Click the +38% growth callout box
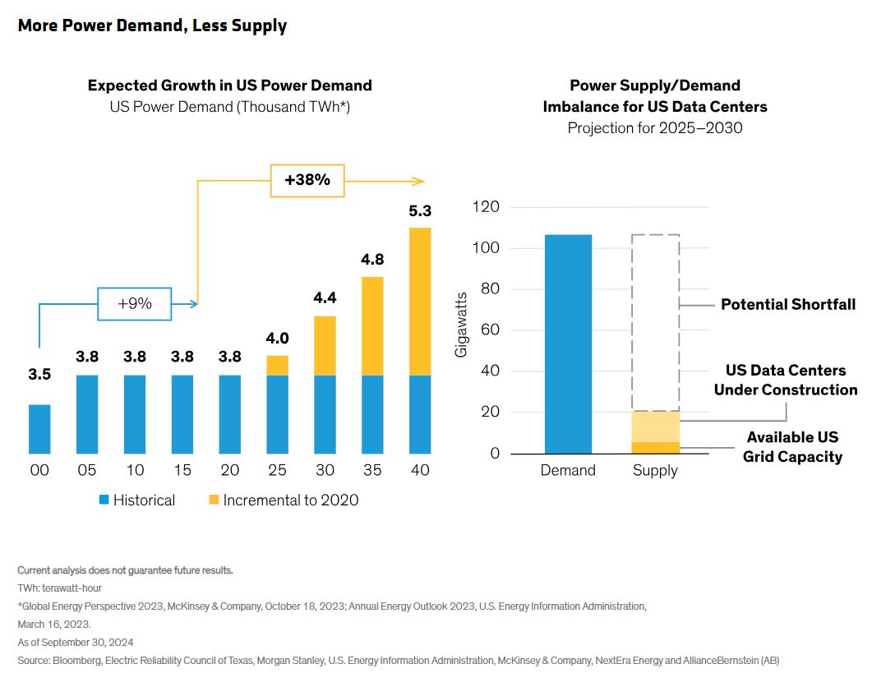tap(307, 180)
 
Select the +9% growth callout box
tap(134, 303)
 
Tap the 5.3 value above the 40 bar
tap(419, 211)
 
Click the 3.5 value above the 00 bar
tap(39, 375)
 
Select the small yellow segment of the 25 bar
tap(278, 365)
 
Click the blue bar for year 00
tap(39, 428)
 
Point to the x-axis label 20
tap(230, 470)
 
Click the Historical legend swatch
tap(104, 500)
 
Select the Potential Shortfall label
tap(787, 305)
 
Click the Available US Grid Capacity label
tap(793, 447)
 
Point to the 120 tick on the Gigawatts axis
tap(486, 207)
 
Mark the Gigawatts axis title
tap(462, 324)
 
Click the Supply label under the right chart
tap(655, 471)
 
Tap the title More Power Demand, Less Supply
tap(152, 25)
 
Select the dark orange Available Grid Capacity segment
tap(655, 447)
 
